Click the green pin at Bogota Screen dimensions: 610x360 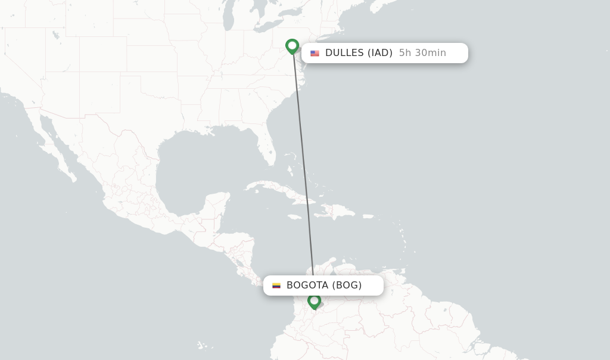point(314,301)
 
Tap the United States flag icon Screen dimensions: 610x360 point(315,53)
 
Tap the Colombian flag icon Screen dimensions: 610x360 point(276,285)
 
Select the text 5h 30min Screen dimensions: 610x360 point(422,53)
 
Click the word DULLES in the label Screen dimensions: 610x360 point(344,53)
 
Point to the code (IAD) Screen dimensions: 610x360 point(379,53)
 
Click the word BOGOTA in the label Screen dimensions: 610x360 point(307,285)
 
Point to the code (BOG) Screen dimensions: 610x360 point(347,285)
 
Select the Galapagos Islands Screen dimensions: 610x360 point(204,345)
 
